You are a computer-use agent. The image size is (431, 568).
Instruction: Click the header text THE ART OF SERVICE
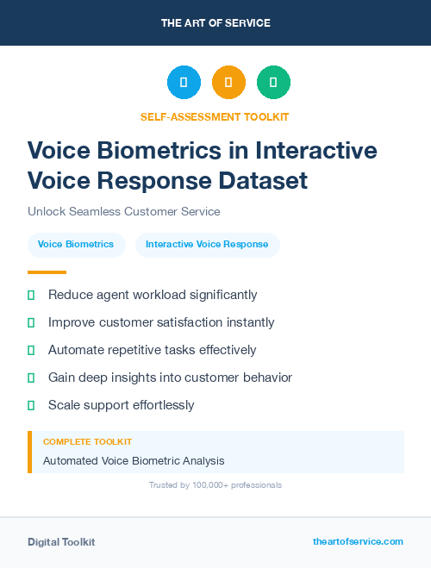(215, 23)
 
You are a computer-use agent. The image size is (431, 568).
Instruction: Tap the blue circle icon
(184, 83)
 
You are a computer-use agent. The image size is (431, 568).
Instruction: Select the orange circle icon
(228, 83)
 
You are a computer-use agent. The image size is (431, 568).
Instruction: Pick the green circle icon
(273, 83)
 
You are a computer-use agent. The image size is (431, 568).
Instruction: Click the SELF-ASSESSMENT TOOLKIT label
(215, 116)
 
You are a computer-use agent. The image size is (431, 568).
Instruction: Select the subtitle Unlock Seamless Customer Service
(123, 211)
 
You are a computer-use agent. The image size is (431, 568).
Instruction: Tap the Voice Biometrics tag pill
(76, 245)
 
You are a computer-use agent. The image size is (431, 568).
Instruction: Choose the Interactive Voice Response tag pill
(207, 245)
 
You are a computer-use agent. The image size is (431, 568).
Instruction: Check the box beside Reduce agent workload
(31, 295)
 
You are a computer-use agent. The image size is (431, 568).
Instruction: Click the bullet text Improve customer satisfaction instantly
(161, 322)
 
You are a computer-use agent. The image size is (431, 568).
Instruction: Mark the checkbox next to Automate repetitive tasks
(31, 350)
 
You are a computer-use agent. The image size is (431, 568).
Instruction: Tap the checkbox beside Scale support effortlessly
(31, 405)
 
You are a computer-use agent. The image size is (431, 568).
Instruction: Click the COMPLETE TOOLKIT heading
(87, 441)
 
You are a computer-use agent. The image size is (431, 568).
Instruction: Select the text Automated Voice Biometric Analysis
(134, 461)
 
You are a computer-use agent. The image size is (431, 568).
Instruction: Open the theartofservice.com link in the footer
(358, 541)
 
